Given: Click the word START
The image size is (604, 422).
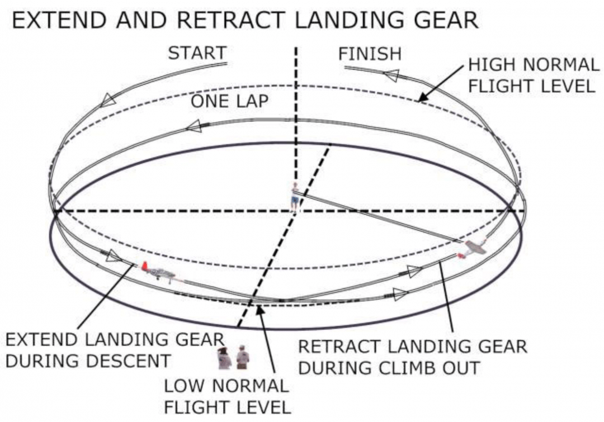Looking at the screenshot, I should click(197, 53).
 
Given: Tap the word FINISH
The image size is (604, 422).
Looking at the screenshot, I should click(370, 54).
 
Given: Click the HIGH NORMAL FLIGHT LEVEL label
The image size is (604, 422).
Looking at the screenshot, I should click(533, 75).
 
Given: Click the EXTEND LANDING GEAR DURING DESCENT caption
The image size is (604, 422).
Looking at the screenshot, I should click(115, 350).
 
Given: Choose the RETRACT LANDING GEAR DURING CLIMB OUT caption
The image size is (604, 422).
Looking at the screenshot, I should click(412, 357).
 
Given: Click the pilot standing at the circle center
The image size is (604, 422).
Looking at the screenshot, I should click(295, 197).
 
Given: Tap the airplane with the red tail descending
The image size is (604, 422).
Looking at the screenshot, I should click(159, 272).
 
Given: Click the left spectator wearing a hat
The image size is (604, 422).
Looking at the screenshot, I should click(224, 357).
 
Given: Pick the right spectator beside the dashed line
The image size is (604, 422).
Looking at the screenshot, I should click(242, 357).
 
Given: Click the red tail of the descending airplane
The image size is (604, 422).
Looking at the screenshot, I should click(145, 266).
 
